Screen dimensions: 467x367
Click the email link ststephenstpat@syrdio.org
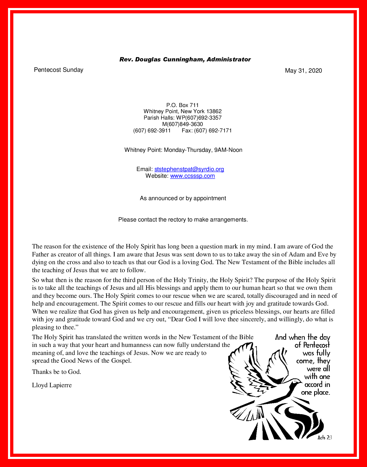(x=189, y=169)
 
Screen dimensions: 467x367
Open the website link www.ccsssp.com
(x=192, y=176)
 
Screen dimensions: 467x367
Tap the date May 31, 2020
(x=303, y=71)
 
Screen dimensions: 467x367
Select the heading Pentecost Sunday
(x=58, y=70)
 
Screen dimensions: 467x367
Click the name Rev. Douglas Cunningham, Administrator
(x=185, y=60)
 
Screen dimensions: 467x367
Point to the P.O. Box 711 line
(x=183, y=105)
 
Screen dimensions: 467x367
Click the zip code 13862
(x=214, y=111)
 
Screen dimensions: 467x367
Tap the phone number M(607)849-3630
(x=183, y=124)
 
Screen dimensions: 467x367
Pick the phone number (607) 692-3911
(x=152, y=130)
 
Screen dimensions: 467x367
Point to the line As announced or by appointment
(x=183, y=198)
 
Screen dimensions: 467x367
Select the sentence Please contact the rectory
(x=183, y=220)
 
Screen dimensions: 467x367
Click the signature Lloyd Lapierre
(x=52, y=385)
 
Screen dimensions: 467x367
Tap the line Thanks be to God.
(x=57, y=372)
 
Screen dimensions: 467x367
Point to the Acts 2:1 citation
(x=325, y=437)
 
